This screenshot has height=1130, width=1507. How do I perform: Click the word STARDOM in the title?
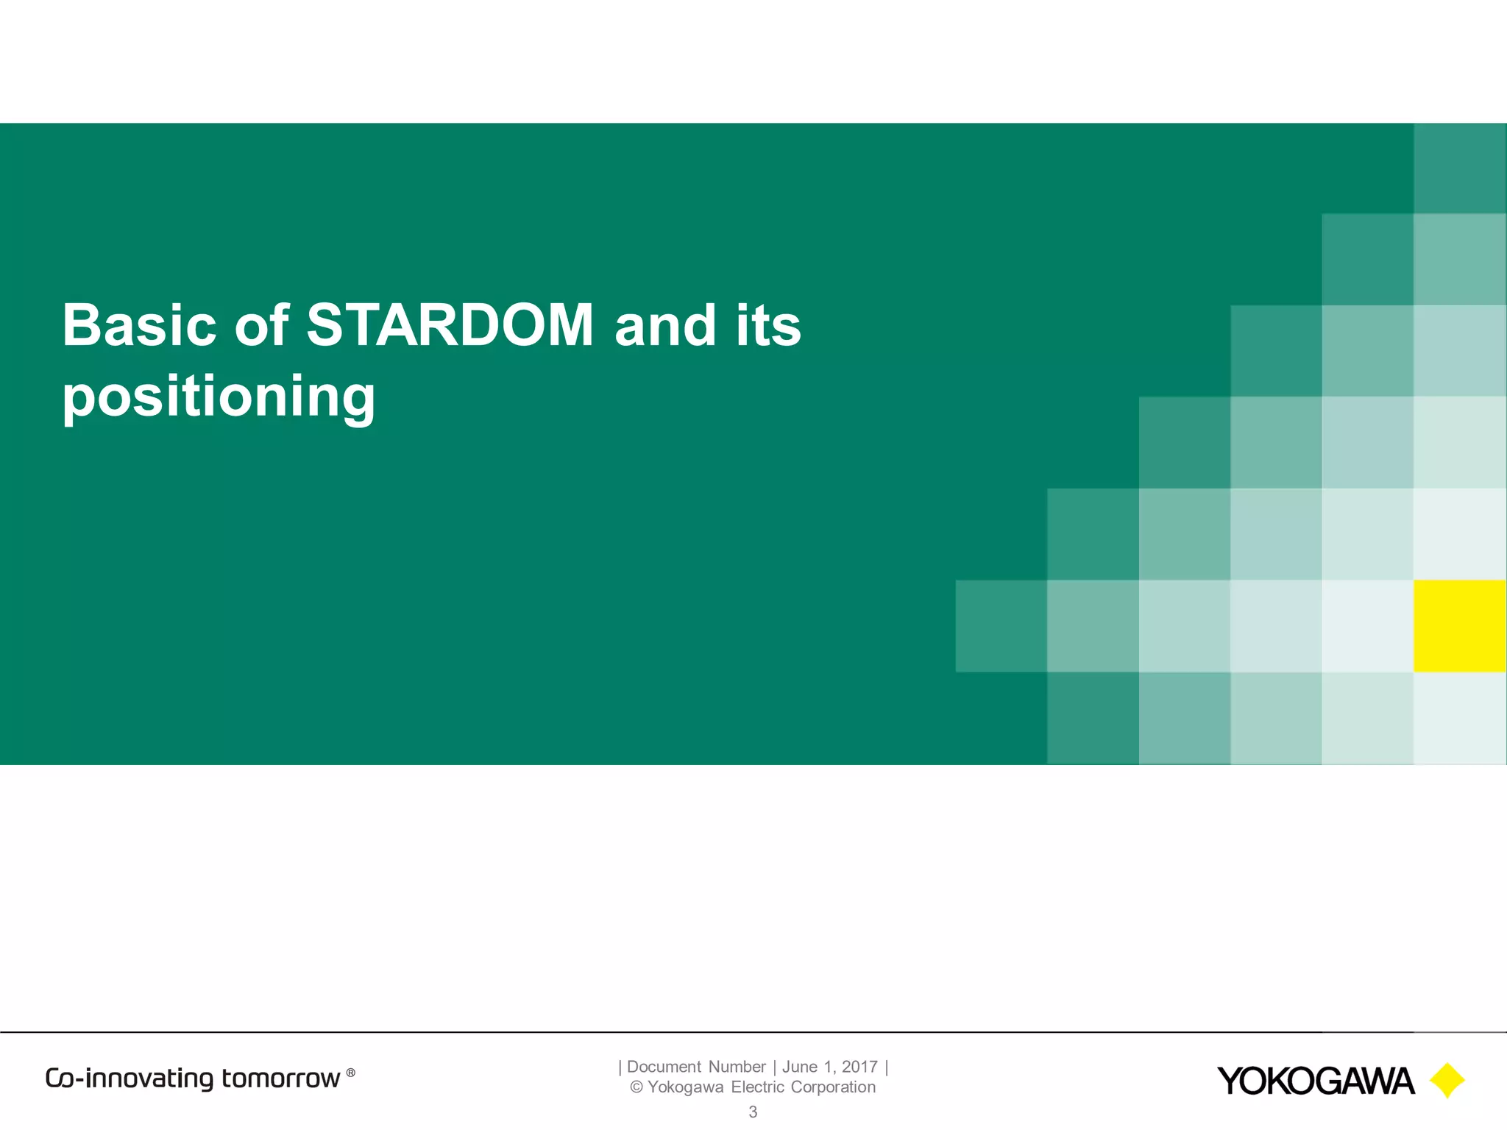pyautogui.click(x=450, y=325)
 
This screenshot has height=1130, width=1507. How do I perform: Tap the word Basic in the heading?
pyautogui.click(x=139, y=325)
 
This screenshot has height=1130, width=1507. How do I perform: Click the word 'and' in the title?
pyautogui.click(x=665, y=325)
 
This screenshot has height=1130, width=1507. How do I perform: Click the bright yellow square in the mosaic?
pyautogui.click(x=1460, y=626)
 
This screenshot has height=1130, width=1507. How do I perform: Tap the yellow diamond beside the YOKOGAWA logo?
pyautogui.click(x=1447, y=1081)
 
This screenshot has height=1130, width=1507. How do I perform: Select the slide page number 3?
pyautogui.click(x=753, y=1112)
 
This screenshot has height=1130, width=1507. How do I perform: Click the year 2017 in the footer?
pyautogui.click(x=859, y=1067)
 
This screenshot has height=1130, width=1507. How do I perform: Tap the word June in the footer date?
pyautogui.click(x=799, y=1067)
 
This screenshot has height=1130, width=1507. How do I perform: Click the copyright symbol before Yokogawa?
pyautogui.click(x=637, y=1087)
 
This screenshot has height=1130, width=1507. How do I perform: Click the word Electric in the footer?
pyautogui.click(x=758, y=1087)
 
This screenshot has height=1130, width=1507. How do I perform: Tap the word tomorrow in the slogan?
pyautogui.click(x=280, y=1079)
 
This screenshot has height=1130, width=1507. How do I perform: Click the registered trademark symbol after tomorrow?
pyautogui.click(x=351, y=1073)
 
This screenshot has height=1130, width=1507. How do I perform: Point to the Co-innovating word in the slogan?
pyautogui.click(x=130, y=1079)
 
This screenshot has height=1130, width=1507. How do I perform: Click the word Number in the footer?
pyautogui.click(x=737, y=1067)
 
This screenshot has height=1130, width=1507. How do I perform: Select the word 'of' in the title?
pyautogui.click(x=261, y=325)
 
